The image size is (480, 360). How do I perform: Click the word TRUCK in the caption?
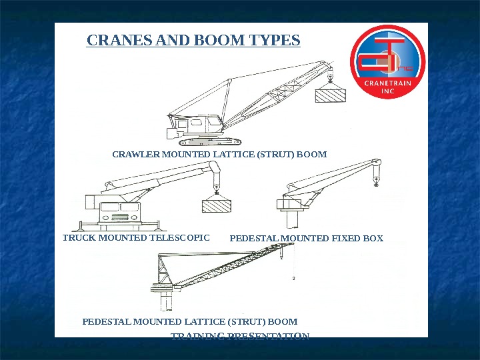point(76,237)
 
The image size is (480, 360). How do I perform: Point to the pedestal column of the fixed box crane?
point(291,218)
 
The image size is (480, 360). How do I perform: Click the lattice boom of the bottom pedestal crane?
point(227,271)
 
